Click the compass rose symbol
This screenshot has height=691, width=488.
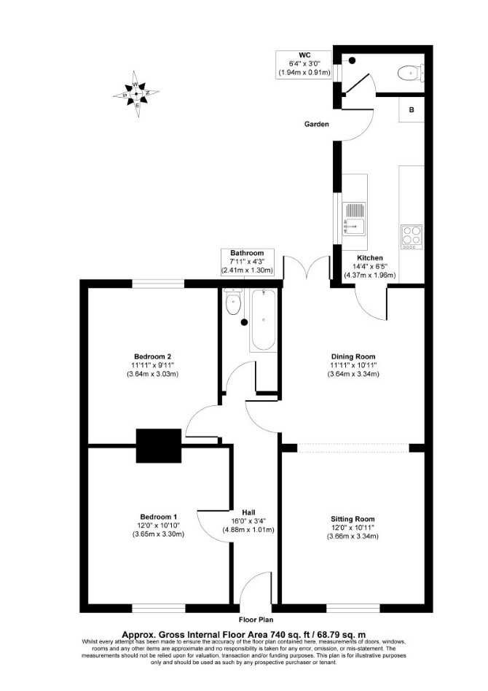(x=136, y=94)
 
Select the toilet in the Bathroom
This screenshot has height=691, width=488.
(x=232, y=302)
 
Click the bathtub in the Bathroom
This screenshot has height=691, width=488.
(x=264, y=319)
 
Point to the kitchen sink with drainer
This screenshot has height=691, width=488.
(x=355, y=218)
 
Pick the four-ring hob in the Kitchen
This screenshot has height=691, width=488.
(x=412, y=237)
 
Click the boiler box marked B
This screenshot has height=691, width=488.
(x=412, y=110)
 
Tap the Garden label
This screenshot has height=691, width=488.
(x=317, y=124)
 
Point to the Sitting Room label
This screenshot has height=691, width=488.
(x=353, y=519)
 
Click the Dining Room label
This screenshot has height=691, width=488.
(x=353, y=356)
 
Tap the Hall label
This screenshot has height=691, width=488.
(x=249, y=512)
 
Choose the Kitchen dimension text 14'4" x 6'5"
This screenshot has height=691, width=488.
(x=369, y=267)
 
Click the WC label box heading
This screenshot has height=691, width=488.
(x=304, y=55)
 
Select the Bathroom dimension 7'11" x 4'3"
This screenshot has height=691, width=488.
(x=248, y=262)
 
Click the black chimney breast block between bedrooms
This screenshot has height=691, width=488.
(x=159, y=445)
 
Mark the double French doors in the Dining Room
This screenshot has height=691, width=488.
(x=307, y=267)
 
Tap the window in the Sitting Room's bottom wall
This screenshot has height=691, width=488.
(x=353, y=608)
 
